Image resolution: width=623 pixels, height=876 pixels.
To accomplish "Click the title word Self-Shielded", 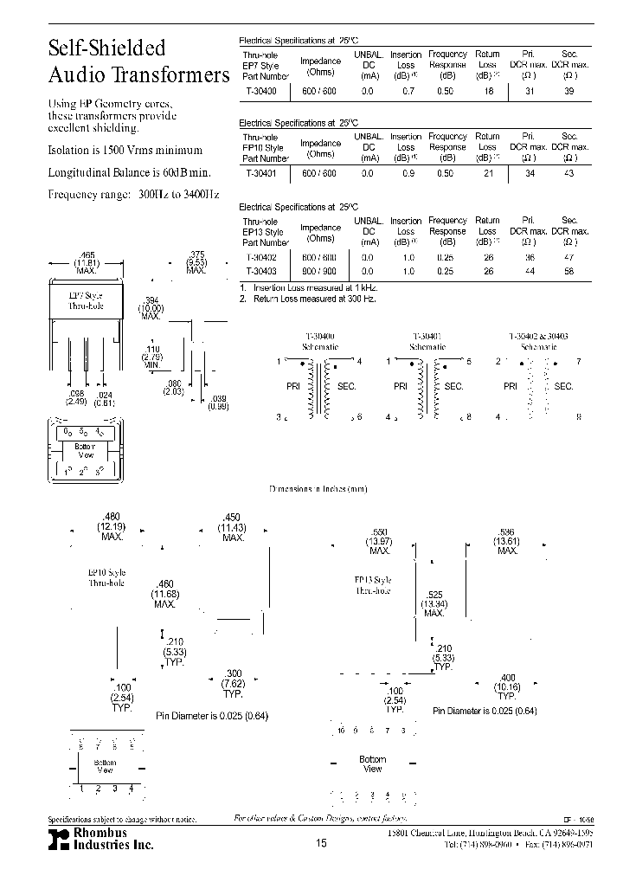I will tap(106, 48).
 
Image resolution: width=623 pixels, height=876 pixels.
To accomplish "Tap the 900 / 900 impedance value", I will tap(320, 271).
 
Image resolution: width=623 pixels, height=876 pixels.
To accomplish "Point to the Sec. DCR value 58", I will tap(568, 271).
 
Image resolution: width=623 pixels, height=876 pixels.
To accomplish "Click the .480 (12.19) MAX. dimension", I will tap(111, 526).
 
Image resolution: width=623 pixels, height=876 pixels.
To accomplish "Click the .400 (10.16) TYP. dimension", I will tap(507, 686).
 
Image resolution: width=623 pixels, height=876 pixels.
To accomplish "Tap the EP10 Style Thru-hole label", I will tap(106, 577).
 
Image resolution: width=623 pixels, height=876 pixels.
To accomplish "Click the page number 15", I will tap(322, 842).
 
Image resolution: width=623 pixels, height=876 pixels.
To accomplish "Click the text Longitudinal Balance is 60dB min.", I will tap(130, 172).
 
